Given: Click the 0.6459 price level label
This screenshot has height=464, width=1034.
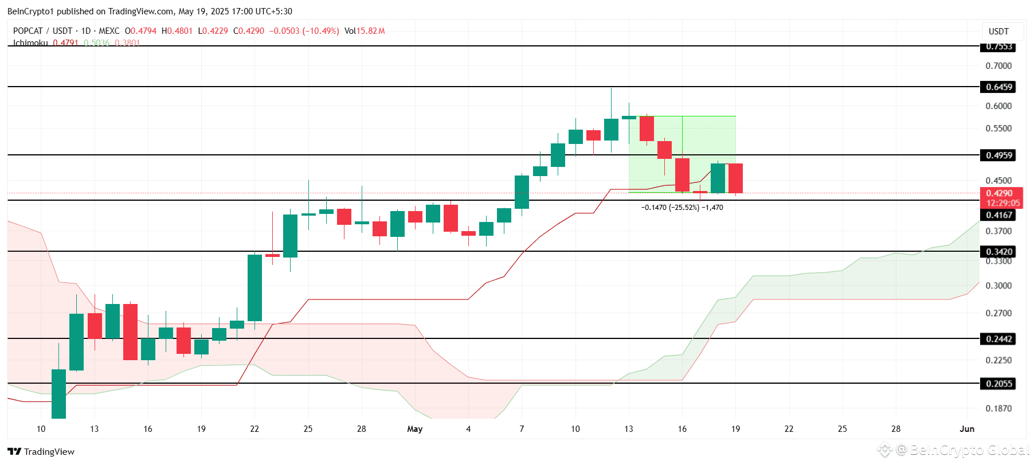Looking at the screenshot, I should (999, 87).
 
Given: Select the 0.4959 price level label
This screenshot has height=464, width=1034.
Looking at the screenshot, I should (999, 155).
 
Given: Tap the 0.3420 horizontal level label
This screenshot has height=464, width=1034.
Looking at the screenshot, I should (999, 252).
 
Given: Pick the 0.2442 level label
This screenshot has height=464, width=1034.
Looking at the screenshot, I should (999, 339).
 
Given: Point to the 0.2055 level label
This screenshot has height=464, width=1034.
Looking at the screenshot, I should (999, 384).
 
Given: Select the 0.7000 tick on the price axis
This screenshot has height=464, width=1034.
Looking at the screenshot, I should (998, 66).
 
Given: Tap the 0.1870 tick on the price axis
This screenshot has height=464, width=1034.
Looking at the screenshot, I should (998, 408).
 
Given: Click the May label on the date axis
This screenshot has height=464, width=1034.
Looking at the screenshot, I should (414, 429).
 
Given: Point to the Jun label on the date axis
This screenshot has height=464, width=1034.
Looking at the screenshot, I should (967, 429).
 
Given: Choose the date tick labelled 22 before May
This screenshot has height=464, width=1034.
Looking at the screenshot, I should (254, 429).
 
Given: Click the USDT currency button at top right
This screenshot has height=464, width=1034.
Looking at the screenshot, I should (998, 32).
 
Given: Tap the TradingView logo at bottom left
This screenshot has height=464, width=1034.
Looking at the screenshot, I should (41, 451).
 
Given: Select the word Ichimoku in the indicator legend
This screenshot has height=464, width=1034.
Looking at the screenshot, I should (30, 43).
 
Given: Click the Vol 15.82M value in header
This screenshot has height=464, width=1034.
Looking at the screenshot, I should (365, 31).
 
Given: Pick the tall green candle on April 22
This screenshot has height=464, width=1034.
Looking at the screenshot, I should (254, 288).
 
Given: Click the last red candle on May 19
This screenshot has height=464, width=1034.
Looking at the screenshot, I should (735, 178).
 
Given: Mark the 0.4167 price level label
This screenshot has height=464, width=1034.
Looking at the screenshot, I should (999, 215).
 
